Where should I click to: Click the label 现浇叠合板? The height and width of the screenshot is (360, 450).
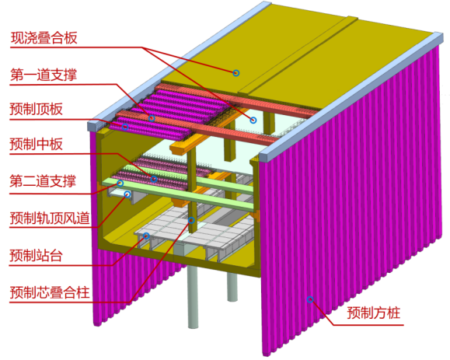(44, 38)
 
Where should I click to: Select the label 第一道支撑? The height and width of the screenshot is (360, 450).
(44, 75)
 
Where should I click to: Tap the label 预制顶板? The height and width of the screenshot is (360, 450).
(37, 109)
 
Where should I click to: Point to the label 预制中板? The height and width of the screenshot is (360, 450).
(37, 144)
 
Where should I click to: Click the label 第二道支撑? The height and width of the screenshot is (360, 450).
(43, 181)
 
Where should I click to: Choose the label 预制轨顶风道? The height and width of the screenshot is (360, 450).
(50, 218)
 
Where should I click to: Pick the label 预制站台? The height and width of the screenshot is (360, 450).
(37, 255)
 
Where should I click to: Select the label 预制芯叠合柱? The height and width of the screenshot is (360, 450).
(50, 292)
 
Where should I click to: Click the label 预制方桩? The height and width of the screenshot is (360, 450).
(373, 313)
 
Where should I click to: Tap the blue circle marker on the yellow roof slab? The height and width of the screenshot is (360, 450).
(236, 73)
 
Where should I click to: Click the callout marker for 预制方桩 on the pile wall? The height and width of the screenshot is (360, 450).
(310, 299)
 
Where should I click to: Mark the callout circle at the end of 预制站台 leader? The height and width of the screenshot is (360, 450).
(146, 236)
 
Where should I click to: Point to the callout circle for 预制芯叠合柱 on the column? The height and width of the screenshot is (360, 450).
(191, 220)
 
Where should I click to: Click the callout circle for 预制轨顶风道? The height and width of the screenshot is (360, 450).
(127, 194)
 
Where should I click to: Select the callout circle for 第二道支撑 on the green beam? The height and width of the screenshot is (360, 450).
(120, 183)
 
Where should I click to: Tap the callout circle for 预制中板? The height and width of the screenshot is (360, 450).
(154, 179)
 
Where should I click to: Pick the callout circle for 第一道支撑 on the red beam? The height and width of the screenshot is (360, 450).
(152, 118)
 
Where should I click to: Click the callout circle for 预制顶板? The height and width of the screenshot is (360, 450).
(125, 127)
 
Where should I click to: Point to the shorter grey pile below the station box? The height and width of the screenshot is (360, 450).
(232, 286)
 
